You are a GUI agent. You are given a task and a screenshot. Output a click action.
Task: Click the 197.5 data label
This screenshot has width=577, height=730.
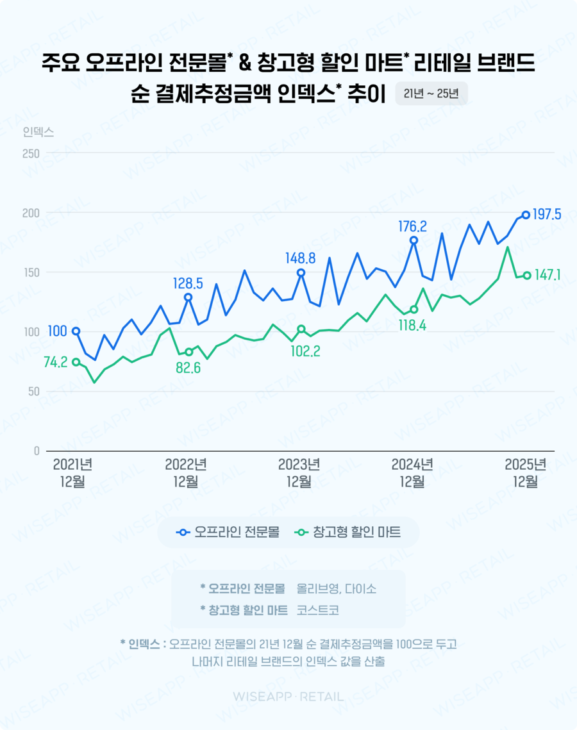click(x=548, y=215)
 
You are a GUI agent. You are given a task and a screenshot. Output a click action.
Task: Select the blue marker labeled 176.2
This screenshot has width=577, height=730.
click(x=414, y=240)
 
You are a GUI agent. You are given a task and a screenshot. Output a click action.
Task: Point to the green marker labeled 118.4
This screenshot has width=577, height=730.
click(x=414, y=310)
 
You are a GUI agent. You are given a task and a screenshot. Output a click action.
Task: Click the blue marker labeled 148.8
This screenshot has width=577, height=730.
click(x=301, y=273)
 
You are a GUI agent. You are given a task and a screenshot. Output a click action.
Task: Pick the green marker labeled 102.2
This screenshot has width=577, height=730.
click(x=301, y=329)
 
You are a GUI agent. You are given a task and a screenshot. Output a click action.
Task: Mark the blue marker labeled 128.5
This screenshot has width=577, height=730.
click(x=188, y=297)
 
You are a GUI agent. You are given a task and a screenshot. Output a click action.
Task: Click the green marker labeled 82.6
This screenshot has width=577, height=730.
click(x=188, y=352)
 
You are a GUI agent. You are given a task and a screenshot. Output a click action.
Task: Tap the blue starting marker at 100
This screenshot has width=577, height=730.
click(x=76, y=331)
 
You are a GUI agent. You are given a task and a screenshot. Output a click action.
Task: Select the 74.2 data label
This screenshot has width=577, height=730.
click(x=55, y=362)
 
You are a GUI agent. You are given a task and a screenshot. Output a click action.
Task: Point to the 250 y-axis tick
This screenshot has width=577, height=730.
click(x=31, y=154)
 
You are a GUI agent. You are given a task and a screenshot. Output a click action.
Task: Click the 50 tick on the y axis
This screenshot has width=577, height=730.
click(x=33, y=392)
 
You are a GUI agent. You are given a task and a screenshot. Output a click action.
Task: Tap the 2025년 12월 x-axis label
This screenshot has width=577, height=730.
click(x=525, y=473)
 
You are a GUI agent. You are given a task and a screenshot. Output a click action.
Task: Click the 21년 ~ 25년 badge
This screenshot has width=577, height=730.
click(x=431, y=94)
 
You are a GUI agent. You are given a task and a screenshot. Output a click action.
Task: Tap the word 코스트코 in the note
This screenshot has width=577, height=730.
click(x=317, y=610)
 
